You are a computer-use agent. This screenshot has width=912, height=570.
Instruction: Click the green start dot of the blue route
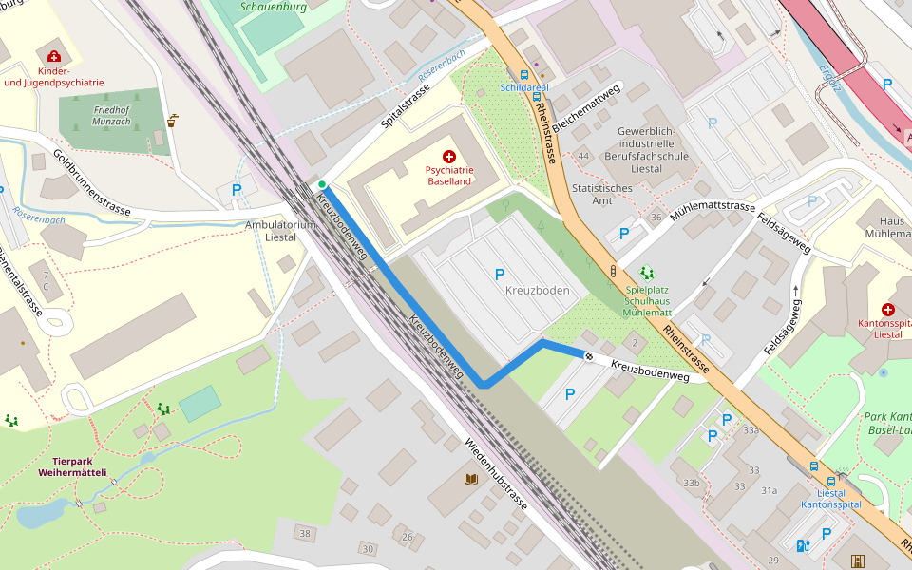[x=322, y=184]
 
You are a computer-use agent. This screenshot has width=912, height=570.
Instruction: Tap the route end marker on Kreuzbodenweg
[x=589, y=357]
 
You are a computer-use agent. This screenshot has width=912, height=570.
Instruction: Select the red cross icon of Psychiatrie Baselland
[x=448, y=155]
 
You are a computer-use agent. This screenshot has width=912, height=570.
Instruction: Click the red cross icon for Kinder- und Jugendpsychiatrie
[x=54, y=57]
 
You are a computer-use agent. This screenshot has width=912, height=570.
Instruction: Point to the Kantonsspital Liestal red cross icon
[x=887, y=310]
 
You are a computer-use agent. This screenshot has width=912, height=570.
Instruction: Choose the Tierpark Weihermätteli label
[x=72, y=465]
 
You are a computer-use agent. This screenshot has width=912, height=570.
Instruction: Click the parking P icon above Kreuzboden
[x=500, y=275]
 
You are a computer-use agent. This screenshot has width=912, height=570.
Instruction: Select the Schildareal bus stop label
[x=524, y=87]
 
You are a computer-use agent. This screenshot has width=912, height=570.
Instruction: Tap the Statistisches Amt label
[x=602, y=195]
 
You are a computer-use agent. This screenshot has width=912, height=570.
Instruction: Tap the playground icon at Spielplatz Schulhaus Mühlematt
[x=647, y=273]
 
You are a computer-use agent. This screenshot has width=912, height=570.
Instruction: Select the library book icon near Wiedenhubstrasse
[x=470, y=479]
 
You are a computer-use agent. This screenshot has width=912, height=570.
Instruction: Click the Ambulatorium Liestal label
[x=278, y=231]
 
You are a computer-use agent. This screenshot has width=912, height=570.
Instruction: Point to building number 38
[x=305, y=534]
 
